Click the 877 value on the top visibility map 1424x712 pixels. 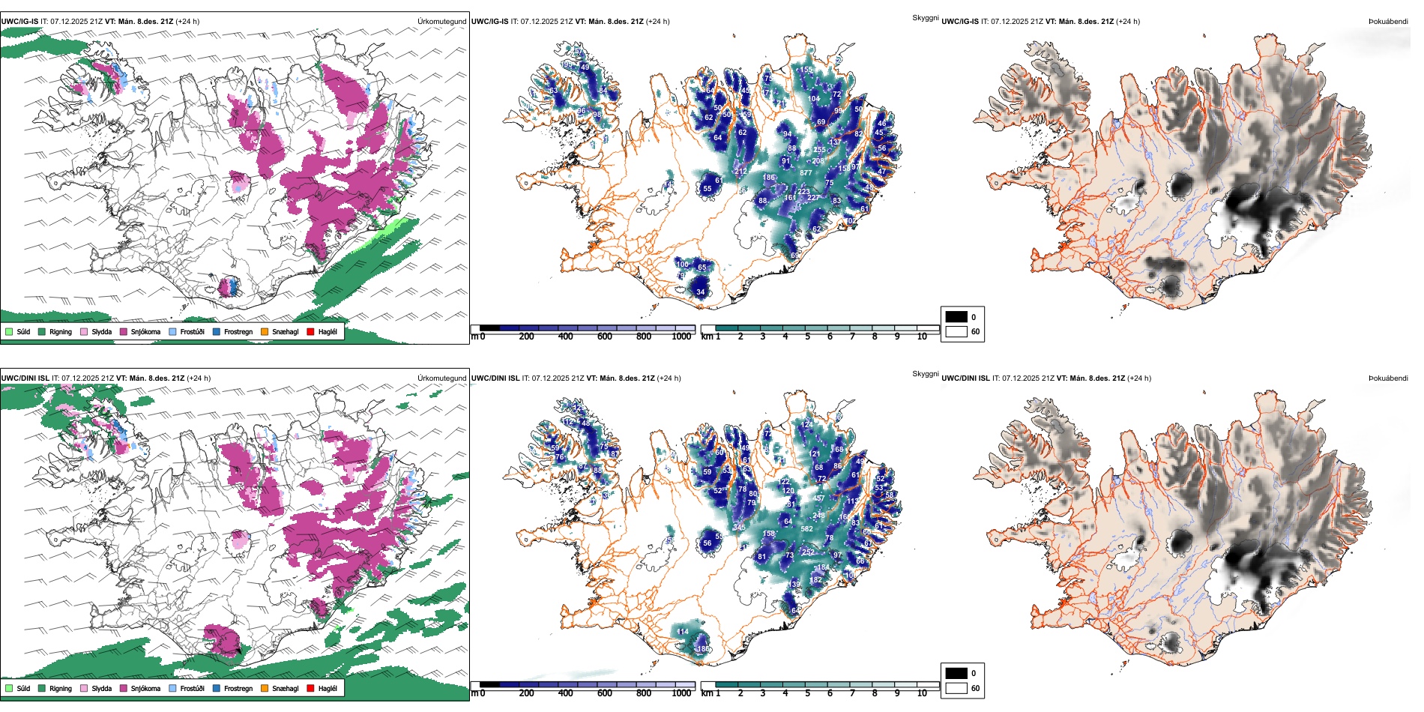pos(806,173)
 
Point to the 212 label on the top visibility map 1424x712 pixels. pos(740,172)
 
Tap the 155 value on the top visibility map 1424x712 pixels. pos(806,70)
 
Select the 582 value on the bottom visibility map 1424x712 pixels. pos(806,529)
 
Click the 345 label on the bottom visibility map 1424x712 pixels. pos(739,528)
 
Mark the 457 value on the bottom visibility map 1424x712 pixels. pos(818,498)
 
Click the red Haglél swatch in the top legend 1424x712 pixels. pos(310,331)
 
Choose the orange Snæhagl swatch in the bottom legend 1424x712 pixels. pos(265,688)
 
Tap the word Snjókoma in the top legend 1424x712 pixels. pos(145,332)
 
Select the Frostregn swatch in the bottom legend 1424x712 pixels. pos(217,688)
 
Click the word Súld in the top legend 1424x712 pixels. pos(23,332)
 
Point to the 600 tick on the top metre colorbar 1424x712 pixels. pos(605,337)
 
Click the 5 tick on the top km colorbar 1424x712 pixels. pos(807,337)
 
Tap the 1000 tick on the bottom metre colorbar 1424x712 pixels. pos(681,693)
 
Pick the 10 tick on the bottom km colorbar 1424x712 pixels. pos(922,693)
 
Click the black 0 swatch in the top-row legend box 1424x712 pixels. pos(956,317)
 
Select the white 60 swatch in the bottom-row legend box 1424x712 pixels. pos(956,688)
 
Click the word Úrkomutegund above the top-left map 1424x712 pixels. pos(441,22)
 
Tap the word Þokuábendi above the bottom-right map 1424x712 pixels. pos(1388,378)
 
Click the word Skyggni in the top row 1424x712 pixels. pos(925,18)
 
